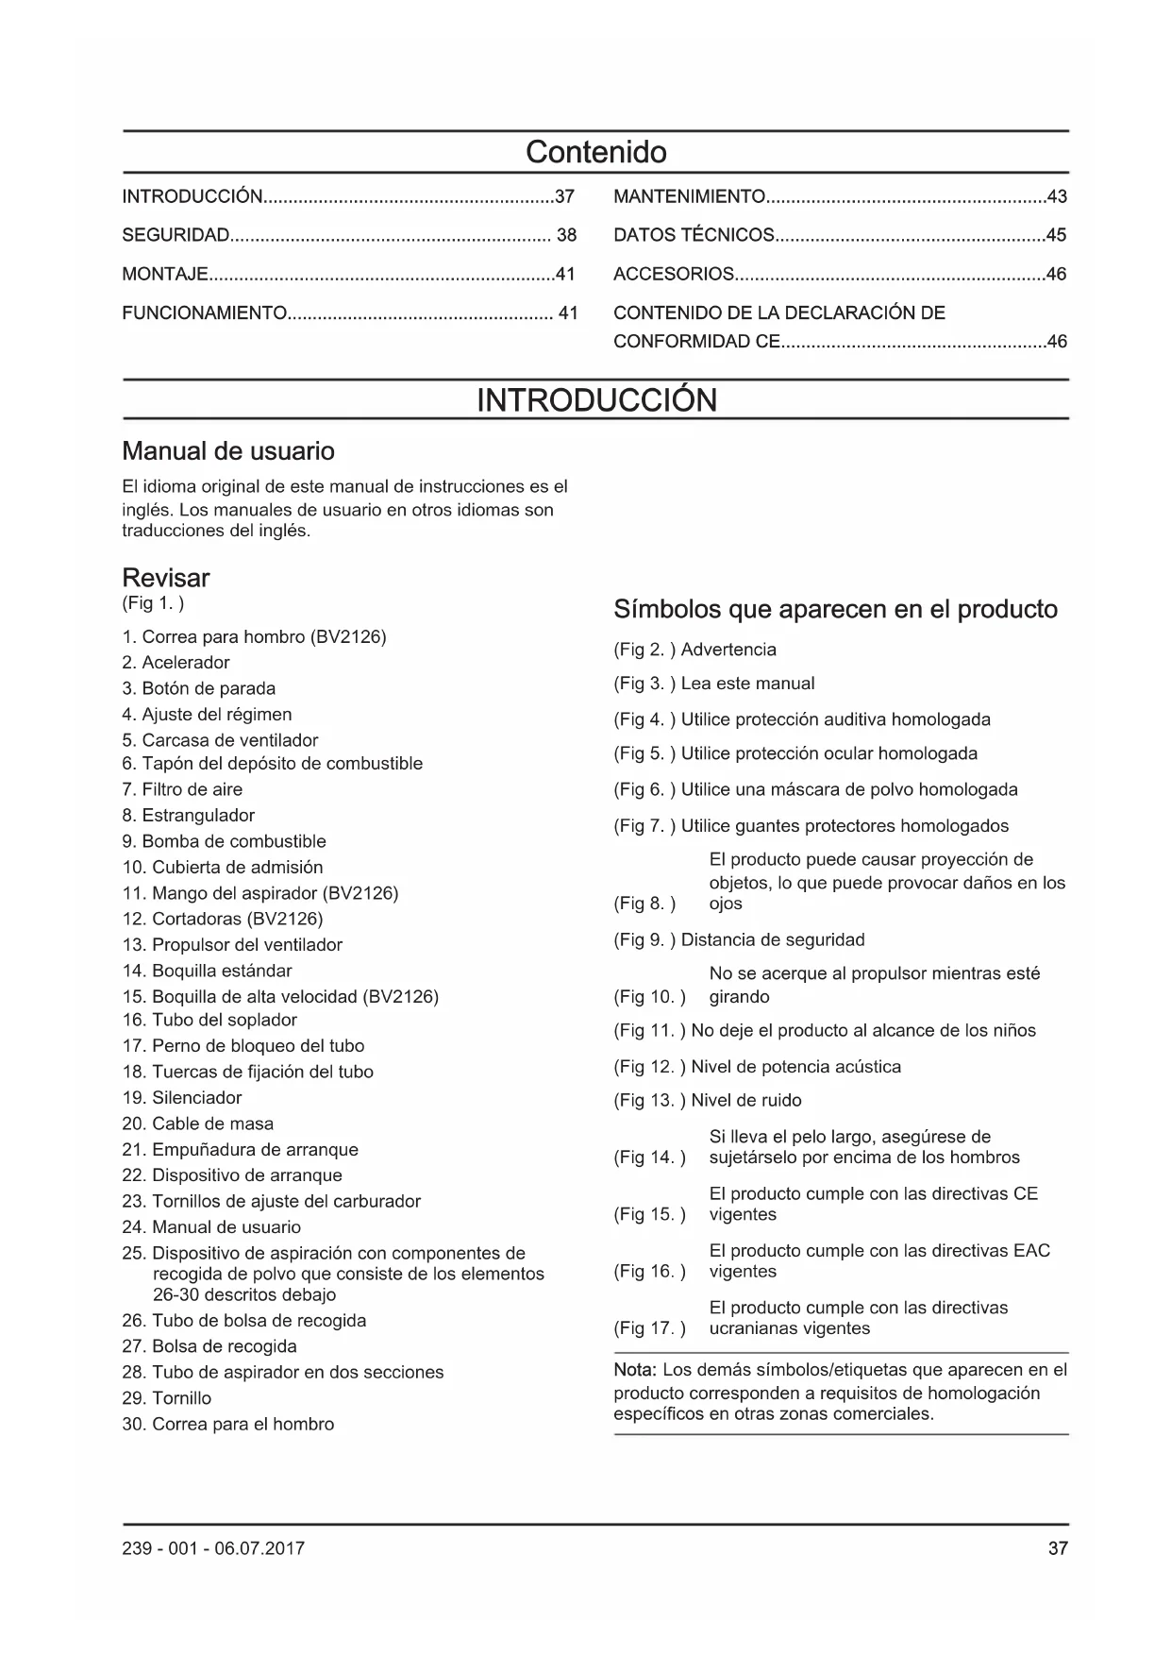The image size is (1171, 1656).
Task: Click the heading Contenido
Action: pyautogui.click(x=595, y=152)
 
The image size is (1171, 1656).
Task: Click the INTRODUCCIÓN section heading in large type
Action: pyautogui.click(x=596, y=400)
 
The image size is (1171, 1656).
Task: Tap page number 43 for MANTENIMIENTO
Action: pyautogui.click(x=1056, y=197)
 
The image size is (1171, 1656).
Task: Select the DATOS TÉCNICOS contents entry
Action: pyautogui.click(x=694, y=235)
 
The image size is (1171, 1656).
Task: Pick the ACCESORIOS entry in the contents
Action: pyautogui.click(x=673, y=275)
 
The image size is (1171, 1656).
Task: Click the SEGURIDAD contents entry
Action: pyautogui.click(x=176, y=235)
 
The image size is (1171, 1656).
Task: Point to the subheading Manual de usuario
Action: pyautogui.click(x=228, y=451)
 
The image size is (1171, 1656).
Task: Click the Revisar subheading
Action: pyautogui.click(x=166, y=578)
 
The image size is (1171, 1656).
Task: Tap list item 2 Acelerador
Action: pyautogui.click(x=176, y=663)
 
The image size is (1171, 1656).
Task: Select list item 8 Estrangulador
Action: pyautogui.click(x=188, y=816)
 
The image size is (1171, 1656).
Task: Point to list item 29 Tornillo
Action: pyautogui.click(x=166, y=1398)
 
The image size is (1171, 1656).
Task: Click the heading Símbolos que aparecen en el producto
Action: pyautogui.click(x=835, y=609)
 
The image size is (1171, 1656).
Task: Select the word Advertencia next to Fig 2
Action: pyautogui.click(x=728, y=650)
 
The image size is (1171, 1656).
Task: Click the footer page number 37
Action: pyautogui.click(x=1057, y=1548)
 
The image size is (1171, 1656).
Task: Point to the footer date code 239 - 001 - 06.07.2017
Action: pyautogui.click(x=213, y=1548)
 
